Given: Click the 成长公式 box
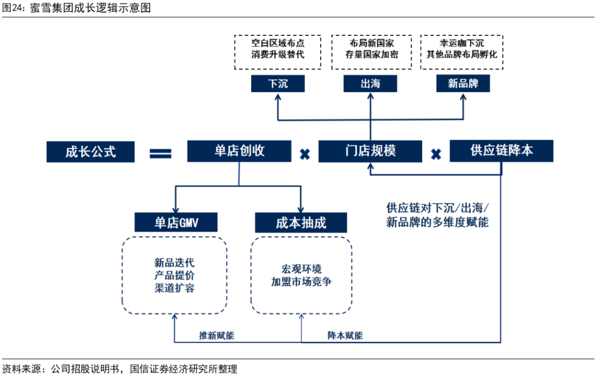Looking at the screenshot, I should pyautogui.click(x=91, y=151).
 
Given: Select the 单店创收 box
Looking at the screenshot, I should pyautogui.click(x=239, y=151).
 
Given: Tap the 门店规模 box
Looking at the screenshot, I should pyautogui.click(x=370, y=151).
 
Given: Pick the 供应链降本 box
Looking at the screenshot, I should pyautogui.click(x=501, y=151).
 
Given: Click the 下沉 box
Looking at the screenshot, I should pyautogui.click(x=278, y=83).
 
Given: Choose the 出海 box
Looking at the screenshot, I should pyautogui.click(x=370, y=83).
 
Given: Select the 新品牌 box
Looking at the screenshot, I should pyautogui.click(x=462, y=83).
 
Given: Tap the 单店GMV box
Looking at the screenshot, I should pyautogui.click(x=176, y=223).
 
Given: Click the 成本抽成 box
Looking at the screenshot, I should pyautogui.click(x=301, y=223).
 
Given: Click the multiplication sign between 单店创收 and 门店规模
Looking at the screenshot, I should pyautogui.click(x=304, y=154).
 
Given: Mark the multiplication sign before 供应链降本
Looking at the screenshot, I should pyautogui.click(x=436, y=154).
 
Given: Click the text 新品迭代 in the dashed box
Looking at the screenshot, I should pyautogui.click(x=174, y=262).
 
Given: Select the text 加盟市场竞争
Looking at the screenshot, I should pyautogui.click(x=301, y=281).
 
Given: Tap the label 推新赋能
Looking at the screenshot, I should pyautogui.click(x=217, y=335).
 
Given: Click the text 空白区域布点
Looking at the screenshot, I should pyautogui.click(x=278, y=43).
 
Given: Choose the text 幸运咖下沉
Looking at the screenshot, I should pyautogui.click(x=462, y=43).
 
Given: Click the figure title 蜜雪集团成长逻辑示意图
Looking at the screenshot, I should pyautogui.click(x=91, y=8).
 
